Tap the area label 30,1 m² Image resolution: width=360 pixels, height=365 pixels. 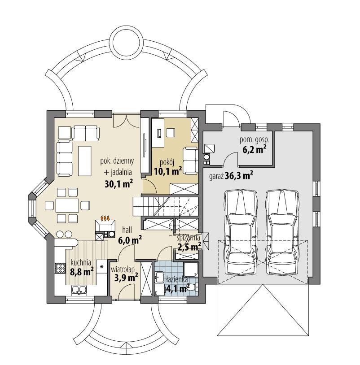pos(118,182)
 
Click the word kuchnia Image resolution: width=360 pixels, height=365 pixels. pos(81,263)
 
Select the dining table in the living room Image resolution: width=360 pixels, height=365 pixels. pos(67,205)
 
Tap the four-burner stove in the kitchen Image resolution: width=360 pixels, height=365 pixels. pos(61,268)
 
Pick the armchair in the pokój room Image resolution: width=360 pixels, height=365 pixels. pos(190,155)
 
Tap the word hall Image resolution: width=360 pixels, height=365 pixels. pos(127,230)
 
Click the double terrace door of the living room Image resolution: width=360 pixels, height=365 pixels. pos(125,120)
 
